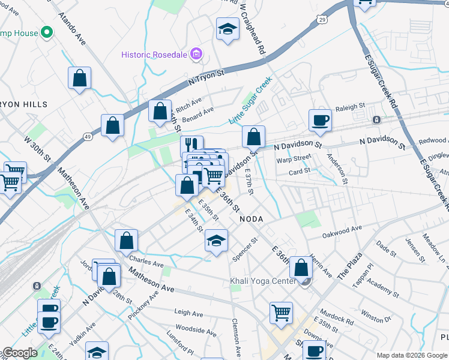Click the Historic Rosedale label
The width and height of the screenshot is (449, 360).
click(x=154, y=55)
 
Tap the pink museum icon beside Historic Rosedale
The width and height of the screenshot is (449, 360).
click(x=195, y=55)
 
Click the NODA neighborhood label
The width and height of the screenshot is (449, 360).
click(x=252, y=219)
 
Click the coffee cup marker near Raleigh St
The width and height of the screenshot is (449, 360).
click(x=320, y=119)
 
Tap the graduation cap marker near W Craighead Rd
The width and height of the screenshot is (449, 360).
click(x=228, y=29)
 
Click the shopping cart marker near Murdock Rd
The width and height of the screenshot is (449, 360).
click(x=281, y=312)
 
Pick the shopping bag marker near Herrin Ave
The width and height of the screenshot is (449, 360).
click(x=301, y=268)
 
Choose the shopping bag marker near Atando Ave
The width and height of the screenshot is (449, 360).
click(x=79, y=78)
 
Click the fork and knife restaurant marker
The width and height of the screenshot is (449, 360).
click(x=191, y=145)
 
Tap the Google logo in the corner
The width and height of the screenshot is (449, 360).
click(x=20, y=353)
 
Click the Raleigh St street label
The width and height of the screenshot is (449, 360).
click(x=350, y=107)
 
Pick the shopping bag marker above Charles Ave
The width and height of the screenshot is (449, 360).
click(x=126, y=241)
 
